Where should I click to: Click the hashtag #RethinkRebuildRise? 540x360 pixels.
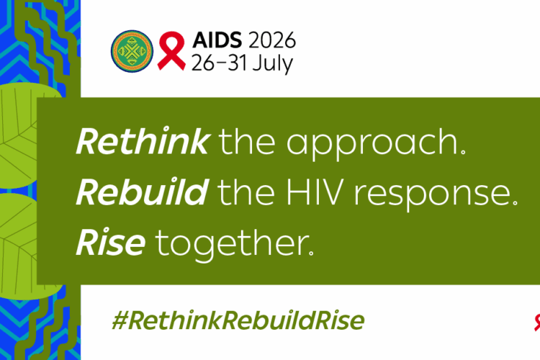[238, 320]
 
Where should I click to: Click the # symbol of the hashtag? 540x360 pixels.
[120, 320]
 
